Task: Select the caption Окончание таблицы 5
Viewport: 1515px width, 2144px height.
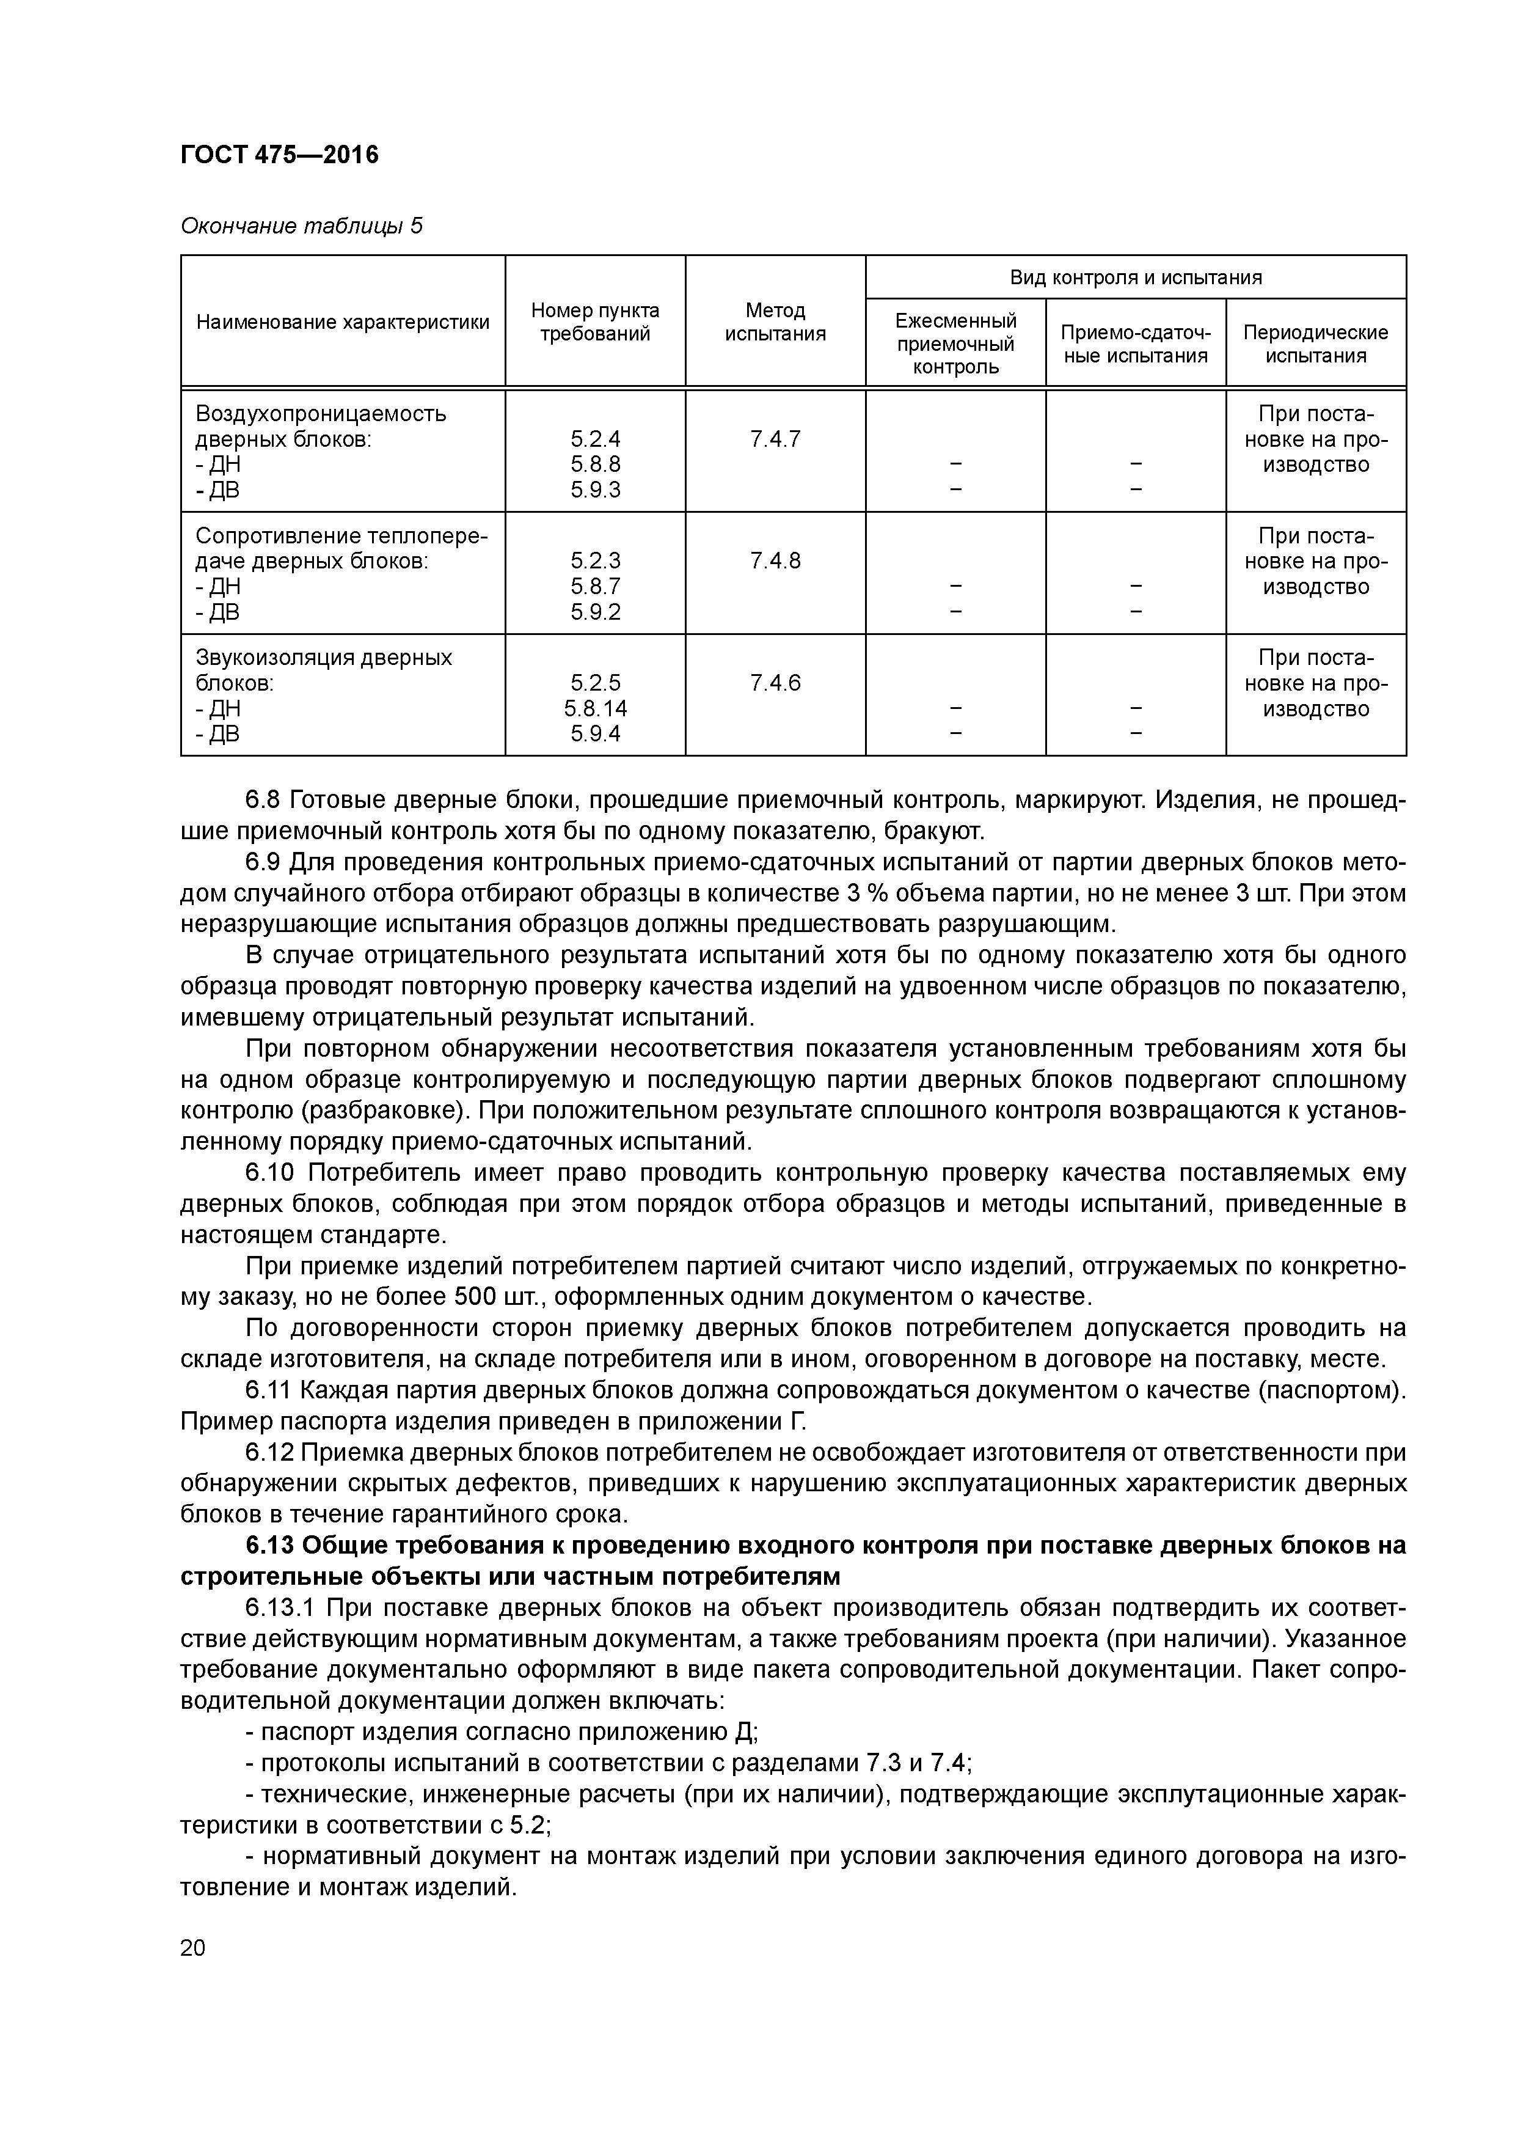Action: pos(301,226)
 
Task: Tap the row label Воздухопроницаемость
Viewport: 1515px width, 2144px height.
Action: pos(320,414)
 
